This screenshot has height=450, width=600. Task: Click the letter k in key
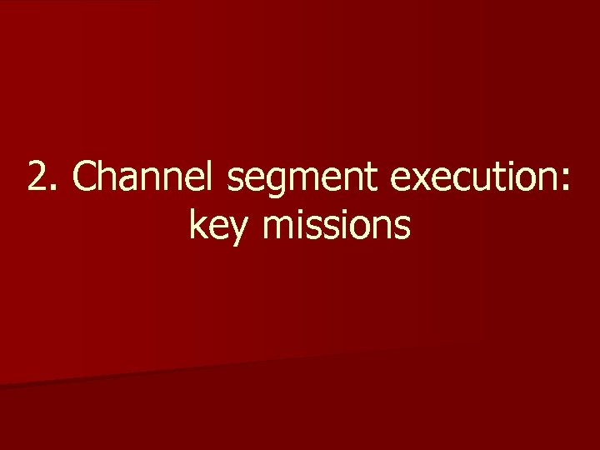tap(199, 223)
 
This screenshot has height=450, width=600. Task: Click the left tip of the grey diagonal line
tap(2, 386)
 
